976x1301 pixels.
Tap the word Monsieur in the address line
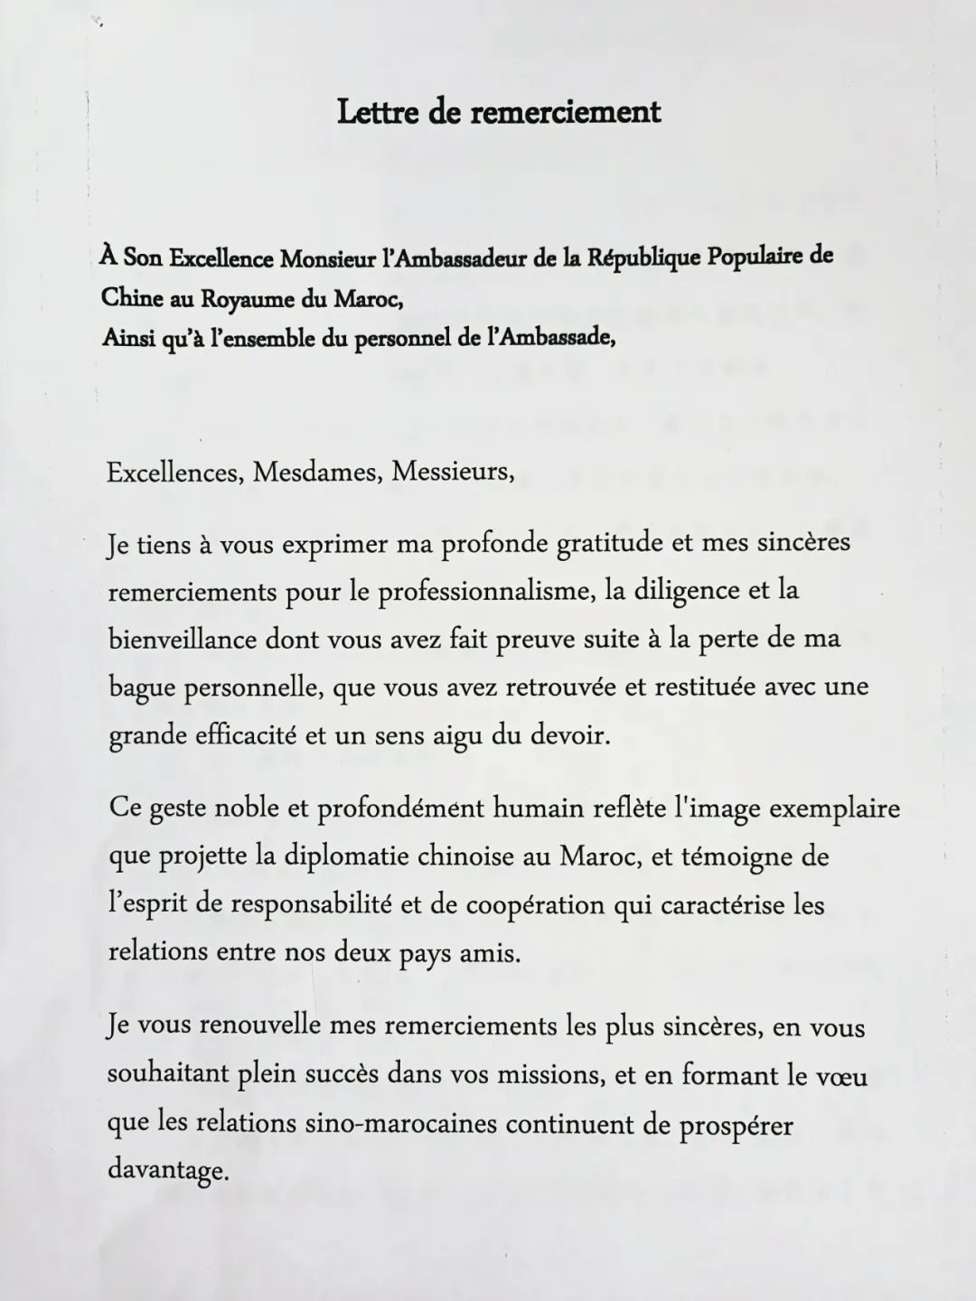[x=329, y=258]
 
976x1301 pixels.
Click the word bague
[x=142, y=688]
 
